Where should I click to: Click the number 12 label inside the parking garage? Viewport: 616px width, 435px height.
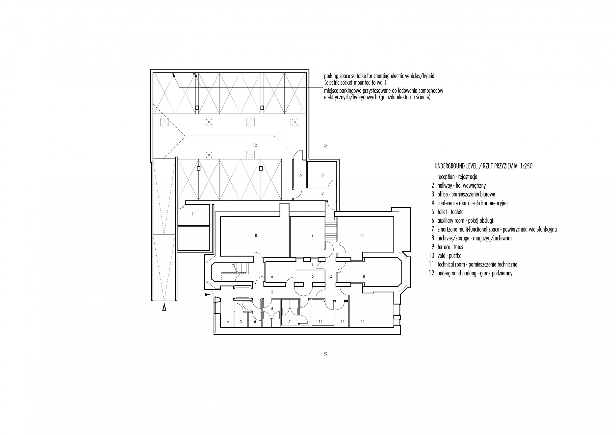click(255, 145)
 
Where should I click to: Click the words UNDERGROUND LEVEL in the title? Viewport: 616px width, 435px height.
click(452, 166)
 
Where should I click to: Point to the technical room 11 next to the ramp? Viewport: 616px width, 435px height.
click(194, 214)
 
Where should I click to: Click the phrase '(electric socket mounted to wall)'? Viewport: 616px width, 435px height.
click(355, 82)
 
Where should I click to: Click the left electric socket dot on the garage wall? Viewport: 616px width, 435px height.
click(173, 76)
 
